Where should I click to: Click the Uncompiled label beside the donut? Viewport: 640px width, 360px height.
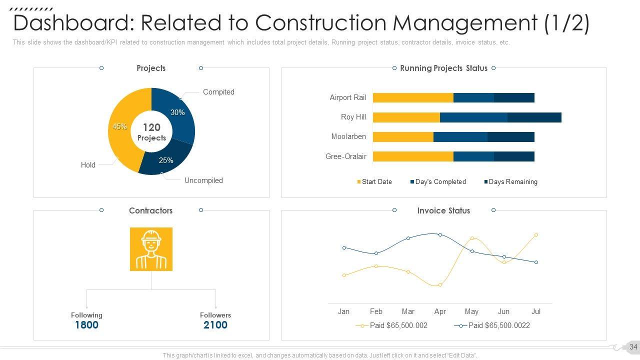(x=203, y=180)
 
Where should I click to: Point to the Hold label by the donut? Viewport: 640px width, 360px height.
(x=88, y=165)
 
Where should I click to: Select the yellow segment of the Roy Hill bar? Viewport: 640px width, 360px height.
(x=406, y=117)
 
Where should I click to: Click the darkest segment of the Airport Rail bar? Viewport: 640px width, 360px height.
(x=514, y=98)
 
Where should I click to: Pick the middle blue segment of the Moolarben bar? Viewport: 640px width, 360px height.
(x=460, y=137)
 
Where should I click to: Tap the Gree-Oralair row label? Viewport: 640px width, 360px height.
(x=346, y=156)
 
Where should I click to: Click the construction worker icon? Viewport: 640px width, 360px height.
(x=151, y=249)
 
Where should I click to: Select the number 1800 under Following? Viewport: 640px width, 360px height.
(x=86, y=325)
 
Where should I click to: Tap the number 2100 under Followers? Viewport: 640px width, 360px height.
(x=215, y=325)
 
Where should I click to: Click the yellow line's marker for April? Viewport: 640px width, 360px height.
(x=440, y=285)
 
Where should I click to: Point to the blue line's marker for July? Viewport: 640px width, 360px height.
(x=536, y=262)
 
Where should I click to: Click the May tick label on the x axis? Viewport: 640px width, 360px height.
(x=471, y=311)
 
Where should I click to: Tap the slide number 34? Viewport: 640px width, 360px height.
(x=633, y=347)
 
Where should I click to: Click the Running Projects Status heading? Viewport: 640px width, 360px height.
(x=443, y=68)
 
